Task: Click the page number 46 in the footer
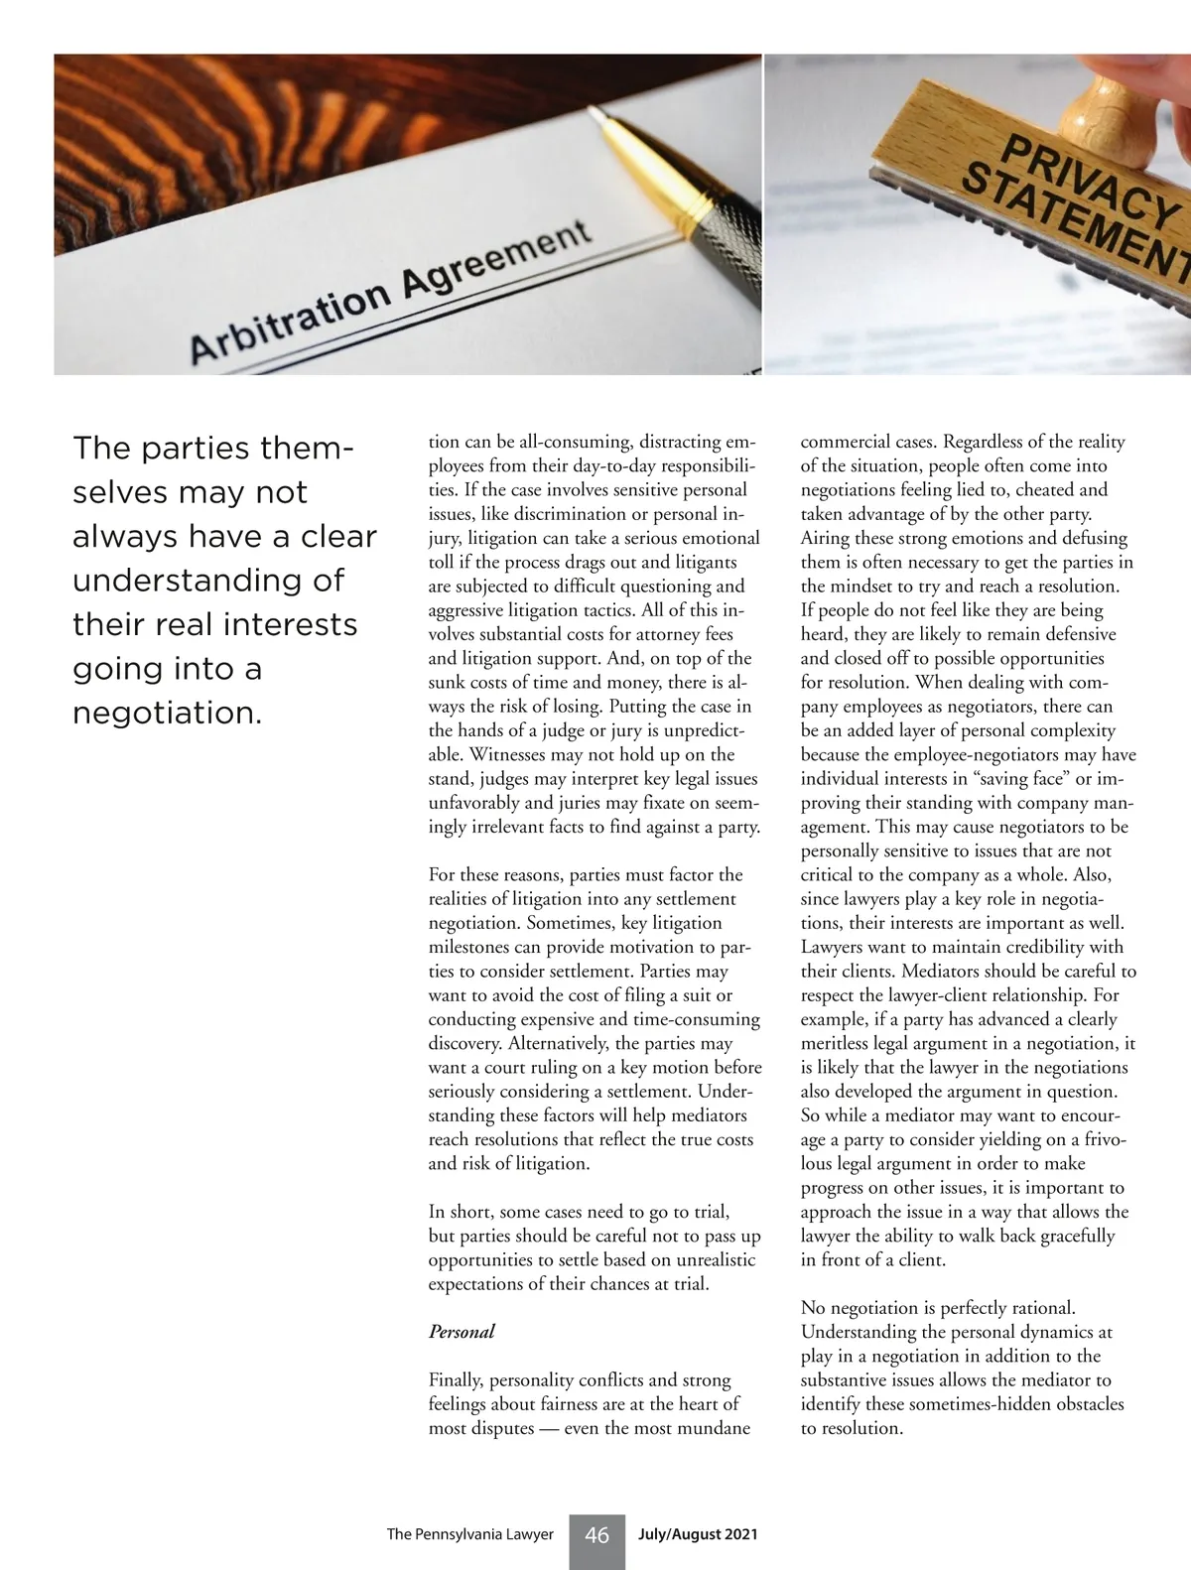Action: click(596, 1535)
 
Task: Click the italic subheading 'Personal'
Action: click(462, 1332)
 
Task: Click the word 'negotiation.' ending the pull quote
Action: click(167, 713)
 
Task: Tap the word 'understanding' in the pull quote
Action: click(208, 581)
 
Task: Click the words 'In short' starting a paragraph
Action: click(461, 1211)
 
